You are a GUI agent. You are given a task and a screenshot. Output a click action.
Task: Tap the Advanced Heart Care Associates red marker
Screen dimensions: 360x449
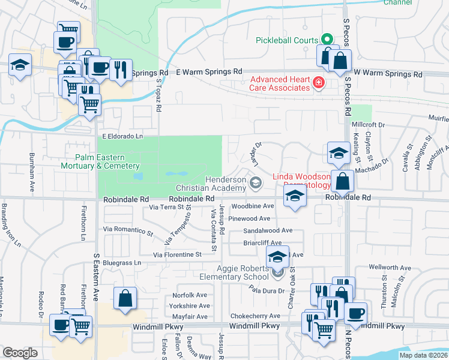click(319, 83)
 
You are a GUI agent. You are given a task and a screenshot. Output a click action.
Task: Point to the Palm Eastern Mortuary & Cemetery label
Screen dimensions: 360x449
click(100, 162)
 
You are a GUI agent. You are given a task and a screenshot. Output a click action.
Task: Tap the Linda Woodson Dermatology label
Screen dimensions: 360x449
click(301, 181)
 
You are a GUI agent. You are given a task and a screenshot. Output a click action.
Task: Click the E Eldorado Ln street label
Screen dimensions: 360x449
click(122, 136)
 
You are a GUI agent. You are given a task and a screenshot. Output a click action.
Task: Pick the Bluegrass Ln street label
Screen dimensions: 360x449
click(121, 263)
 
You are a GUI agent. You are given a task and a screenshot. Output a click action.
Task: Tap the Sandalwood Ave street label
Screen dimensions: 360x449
click(268, 230)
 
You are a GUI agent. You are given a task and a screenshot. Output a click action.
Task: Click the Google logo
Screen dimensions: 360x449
click(20, 353)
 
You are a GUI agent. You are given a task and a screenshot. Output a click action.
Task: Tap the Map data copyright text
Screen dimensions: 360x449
click(423, 355)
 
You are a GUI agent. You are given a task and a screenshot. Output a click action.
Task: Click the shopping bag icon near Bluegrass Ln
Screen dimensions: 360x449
click(124, 298)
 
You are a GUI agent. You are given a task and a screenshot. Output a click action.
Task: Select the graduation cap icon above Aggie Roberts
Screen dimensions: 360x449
click(277, 257)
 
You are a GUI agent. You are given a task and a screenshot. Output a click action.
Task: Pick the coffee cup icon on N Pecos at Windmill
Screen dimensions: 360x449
click(355, 313)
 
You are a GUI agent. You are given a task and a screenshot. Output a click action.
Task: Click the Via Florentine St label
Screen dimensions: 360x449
click(177, 254)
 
